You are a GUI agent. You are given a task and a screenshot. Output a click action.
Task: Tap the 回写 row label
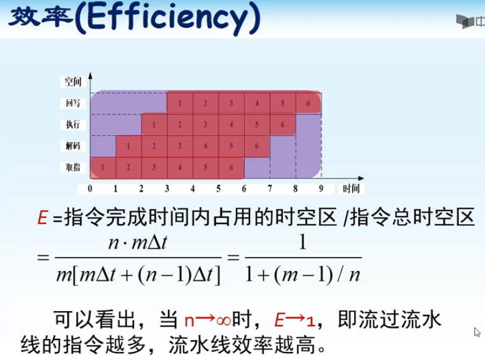[73, 103]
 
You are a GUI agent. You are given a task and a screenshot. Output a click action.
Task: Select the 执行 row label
[73, 124]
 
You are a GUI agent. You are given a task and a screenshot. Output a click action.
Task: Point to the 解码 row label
[73, 146]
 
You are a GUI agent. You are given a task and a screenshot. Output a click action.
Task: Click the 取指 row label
[73, 167]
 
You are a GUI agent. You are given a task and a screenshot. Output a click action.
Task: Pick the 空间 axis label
[73, 82]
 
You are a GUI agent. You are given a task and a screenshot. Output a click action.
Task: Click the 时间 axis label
[351, 188]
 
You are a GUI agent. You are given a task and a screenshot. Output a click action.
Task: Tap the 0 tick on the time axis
[90, 188]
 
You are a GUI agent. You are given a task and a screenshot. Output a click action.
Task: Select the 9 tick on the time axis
[321, 188]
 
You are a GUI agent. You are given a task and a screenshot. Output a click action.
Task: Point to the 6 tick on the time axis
[244, 188]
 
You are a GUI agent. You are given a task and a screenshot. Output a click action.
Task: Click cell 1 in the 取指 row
[103, 167]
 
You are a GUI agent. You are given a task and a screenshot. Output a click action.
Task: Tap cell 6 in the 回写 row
[308, 103]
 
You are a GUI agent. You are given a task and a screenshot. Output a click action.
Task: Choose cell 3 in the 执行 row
[206, 125]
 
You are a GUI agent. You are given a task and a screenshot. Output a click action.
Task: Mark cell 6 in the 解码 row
[257, 146]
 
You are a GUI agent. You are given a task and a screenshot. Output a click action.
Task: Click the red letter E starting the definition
[43, 217]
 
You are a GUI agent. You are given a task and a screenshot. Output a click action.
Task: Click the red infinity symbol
[223, 320]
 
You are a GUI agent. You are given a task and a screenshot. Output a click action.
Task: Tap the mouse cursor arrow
[477, 332]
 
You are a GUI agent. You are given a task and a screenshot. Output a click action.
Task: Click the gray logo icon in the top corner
[465, 22]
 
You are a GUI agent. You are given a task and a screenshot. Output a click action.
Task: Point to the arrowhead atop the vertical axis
[90, 75]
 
